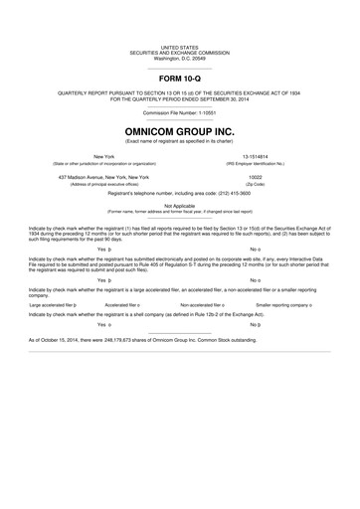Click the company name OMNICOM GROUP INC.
tap(180, 129)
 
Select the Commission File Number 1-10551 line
tap(180, 112)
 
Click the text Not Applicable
tap(180, 205)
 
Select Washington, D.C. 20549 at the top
tap(180, 58)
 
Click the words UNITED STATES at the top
tap(180, 47)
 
